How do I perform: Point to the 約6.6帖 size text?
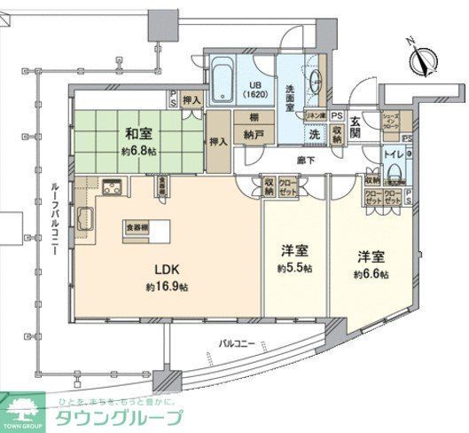click(371, 273)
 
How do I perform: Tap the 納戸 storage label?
click(254, 138)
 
